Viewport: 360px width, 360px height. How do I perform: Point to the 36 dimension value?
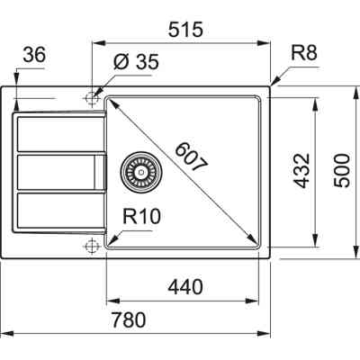pos(34,56)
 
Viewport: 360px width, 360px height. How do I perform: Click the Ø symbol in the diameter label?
pos(120,63)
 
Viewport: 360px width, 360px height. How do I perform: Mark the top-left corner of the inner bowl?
pos(109,98)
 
